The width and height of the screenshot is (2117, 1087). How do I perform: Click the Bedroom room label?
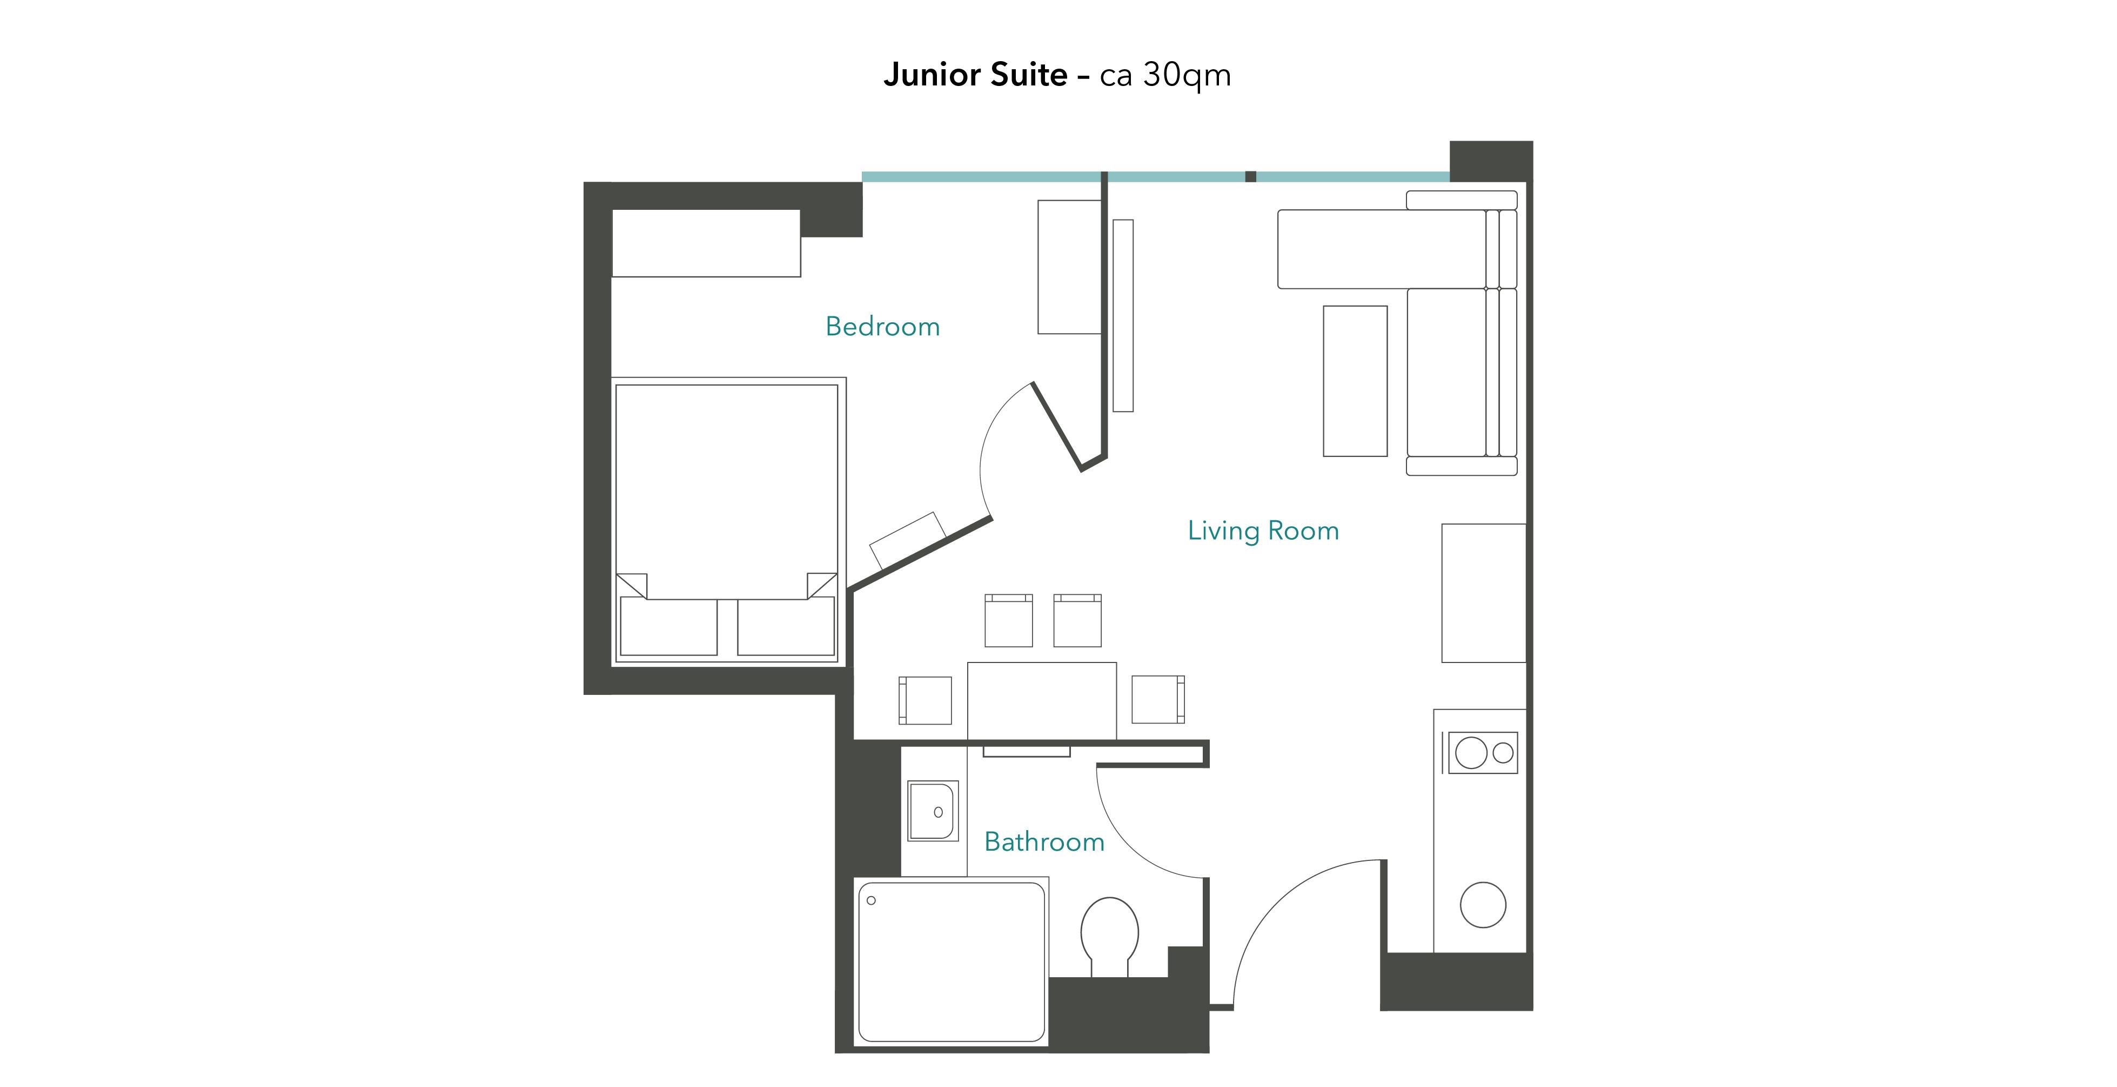pyautogui.click(x=883, y=327)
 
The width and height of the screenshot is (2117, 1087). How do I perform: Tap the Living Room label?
pyautogui.click(x=1263, y=531)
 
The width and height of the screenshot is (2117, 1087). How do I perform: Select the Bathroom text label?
pyautogui.click(x=1044, y=842)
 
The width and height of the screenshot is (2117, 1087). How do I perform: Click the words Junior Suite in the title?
pyautogui.click(x=975, y=75)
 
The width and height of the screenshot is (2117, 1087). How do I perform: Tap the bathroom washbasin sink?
pyautogui.click(x=933, y=811)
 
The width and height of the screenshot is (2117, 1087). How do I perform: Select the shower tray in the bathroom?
pyautogui.click(x=952, y=962)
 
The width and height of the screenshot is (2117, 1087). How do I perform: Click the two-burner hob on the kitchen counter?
pyautogui.click(x=1483, y=752)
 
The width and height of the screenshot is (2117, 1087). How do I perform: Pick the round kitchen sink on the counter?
pyautogui.click(x=1483, y=904)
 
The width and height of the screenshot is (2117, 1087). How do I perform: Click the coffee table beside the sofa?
pyautogui.click(x=1355, y=381)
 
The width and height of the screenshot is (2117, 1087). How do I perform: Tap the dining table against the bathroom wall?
pyautogui.click(x=1042, y=700)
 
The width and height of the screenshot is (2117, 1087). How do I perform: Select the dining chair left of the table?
pyautogui.click(x=926, y=700)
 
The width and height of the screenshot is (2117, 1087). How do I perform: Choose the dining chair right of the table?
pyautogui.click(x=1159, y=700)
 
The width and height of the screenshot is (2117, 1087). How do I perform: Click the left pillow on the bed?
pyautogui.click(x=669, y=627)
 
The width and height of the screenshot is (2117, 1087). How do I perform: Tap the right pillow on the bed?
pyautogui.click(x=787, y=627)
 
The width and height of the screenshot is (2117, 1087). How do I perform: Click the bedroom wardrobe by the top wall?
pyautogui.click(x=706, y=243)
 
